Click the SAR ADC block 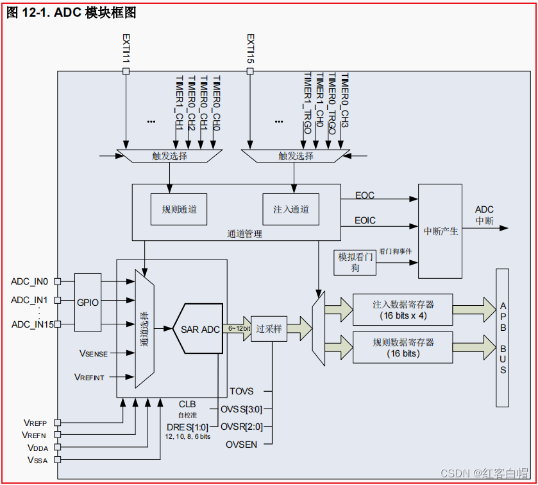click(200, 329)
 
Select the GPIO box click(88, 302)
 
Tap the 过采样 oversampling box click(269, 328)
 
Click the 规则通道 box click(179, 209)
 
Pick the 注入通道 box click(290, 209)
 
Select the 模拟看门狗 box click(355, 262)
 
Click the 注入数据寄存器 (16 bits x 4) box click(403, 310)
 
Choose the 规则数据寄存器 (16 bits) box click(403, 348)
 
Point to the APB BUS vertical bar click(503, 338)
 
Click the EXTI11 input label click(126, 48)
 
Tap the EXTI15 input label click(250, 48)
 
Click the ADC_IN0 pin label click(29, 281)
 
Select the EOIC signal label click(365, 220)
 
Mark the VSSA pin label click(37, 460)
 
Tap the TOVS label click(241, 391)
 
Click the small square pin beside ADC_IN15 click(58, 324)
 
